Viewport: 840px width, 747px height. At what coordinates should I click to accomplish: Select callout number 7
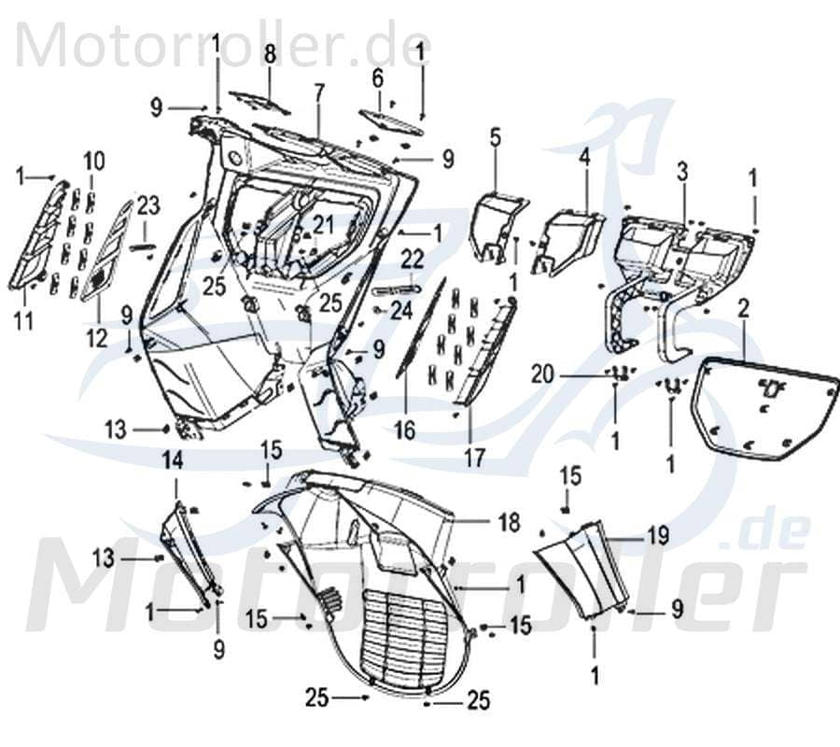coord(319,92)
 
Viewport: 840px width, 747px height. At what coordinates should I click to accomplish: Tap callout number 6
coord(378,76)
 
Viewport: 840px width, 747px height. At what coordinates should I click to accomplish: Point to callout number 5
coord(495,138)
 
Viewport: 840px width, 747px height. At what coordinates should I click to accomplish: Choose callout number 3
coord(682,171)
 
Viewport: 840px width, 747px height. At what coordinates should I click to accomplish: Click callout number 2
coord(744,307)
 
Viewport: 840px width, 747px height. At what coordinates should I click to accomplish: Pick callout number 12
coord(97,337)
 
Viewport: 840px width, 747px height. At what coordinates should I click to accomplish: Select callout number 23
coord(149,204)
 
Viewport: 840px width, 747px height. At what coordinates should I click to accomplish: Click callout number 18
coord(509,523)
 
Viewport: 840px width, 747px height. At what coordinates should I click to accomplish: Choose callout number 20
coord(568,375)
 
